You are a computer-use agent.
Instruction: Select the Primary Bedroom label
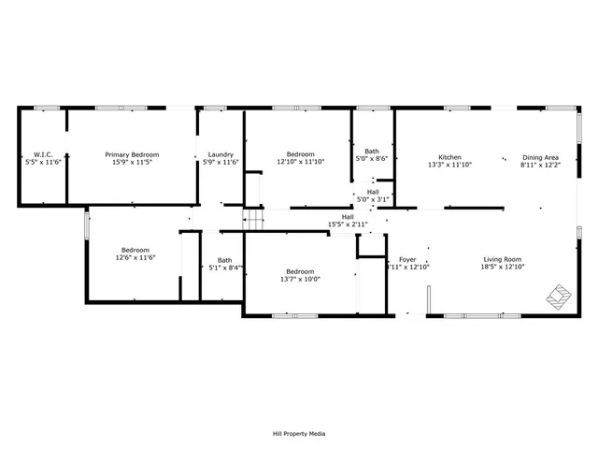pyautogui.click(x=132, y=154)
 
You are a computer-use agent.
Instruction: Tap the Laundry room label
pyautogui.click(x=221, y=154)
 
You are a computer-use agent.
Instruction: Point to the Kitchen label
pyautogui.click(x=449, y=156)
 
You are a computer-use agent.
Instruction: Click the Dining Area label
pyautogui.click(x=541, y=156)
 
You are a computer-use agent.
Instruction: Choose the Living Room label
pyautogui.click(x=502, y=259)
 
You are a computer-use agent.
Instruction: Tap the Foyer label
pyautogui.click(x=407, y=259)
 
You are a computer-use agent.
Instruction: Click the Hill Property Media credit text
pyautogui.click(x=298, y=433)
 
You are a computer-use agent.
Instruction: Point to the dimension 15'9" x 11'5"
pyautogui.click(x=132, y=163)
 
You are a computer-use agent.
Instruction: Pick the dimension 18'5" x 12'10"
pyautogui.click(x=502, y=268)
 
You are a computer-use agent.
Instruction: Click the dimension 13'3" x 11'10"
pyautogui.click(x=449, y=165)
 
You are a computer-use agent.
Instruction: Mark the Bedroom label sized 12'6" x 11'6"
pyautogui.click(x=135, y=250)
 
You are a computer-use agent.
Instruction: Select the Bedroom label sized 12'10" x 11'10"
pyautogui.click(x=300, y=154)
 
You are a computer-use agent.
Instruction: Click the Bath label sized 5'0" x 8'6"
pyautogui.click(x=372, y=151)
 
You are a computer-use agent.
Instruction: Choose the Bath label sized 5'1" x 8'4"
pyautogui.click(x=224, y=260)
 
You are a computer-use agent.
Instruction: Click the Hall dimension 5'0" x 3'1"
pyautogui.click(x=373, y=199)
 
